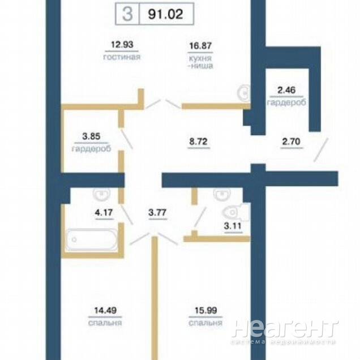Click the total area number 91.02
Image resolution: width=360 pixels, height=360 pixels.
[x=165, y=14]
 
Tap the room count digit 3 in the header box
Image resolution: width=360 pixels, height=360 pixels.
[x=127, y=14]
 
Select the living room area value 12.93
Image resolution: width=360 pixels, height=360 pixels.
[x=122, y=44]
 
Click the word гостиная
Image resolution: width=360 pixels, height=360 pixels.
[x=122, y=57]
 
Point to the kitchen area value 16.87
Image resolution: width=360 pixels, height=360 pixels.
[x=200, y=46]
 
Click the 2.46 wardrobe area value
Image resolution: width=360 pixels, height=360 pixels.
[x=286, y=90]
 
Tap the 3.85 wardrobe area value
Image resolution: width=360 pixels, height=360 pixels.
[x=91, y=136]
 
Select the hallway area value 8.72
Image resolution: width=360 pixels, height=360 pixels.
[x=198, y=142]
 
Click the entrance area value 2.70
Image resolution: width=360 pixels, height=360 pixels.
[x=291, y=142]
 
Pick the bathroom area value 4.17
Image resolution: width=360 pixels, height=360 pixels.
[x=104, y=212]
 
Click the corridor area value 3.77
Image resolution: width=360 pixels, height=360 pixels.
[x=157, y=212]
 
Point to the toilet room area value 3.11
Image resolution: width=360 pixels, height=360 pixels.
[x=233, y=226]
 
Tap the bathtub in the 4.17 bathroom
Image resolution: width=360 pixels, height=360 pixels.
[x=92, y=239]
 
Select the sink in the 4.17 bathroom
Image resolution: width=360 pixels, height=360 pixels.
[x=101, y=194]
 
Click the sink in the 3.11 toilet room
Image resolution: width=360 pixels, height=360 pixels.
[x=222, y=194]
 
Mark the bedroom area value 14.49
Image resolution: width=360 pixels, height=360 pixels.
[x=105, y=310]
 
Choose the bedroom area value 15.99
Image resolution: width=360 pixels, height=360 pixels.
[x=205, y=310]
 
